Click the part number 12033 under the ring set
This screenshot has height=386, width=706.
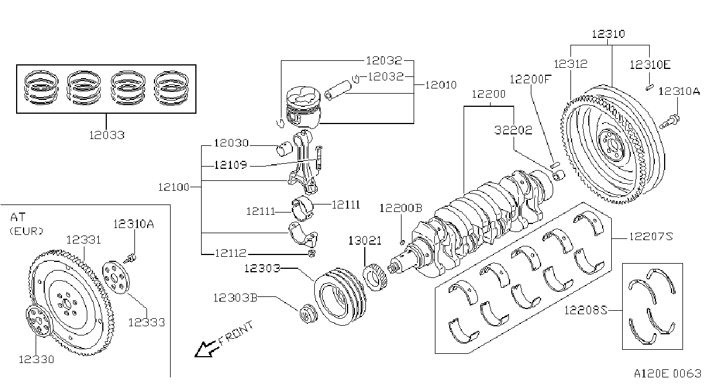coord(107,135)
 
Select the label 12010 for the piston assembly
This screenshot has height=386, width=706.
coord(441,85)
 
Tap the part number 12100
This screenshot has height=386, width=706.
coord(173,187)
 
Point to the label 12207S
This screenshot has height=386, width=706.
coord(651,236)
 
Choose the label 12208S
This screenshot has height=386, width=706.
coord(585,310)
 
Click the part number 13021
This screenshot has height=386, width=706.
coord(365,241)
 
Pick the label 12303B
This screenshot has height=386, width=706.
coord(236,298)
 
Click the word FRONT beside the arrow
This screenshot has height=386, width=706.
coord(236,333)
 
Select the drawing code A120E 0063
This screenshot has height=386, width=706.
coord(668,374)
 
